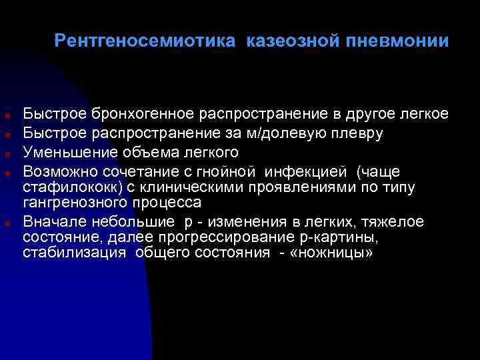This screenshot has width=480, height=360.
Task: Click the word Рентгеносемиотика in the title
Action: [x=145, y=41]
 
